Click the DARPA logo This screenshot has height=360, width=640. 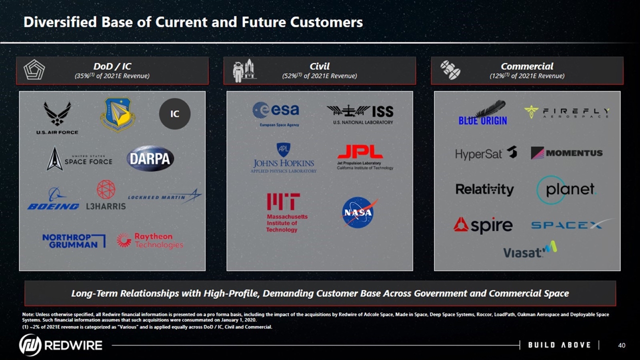click(150, 158)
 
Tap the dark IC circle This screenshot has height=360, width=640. click(174, 113)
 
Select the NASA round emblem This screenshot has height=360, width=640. click(358, 212)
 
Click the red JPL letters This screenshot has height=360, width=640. click(360, 151)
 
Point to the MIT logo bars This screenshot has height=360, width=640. click(283, 201)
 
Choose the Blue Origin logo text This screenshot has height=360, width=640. click(483, 121)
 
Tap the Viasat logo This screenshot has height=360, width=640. click(530, 249)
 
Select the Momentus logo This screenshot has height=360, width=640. click(567, 153)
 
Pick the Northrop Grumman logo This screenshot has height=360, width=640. click(74, 241)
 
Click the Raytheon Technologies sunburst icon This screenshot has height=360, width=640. click(124, 240)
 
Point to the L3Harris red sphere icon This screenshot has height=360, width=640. click(106, 189)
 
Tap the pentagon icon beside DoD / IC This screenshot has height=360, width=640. click(34, 69)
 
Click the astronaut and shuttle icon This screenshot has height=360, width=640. click(244, 70)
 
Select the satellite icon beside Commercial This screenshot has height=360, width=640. click(450, 70)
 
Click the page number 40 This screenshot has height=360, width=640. click(621, 345)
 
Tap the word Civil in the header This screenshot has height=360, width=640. click(319, 66)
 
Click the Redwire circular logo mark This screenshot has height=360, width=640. click(30, 345)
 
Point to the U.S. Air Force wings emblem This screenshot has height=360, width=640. click(57, 113)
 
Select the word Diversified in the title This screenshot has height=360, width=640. click(60, 22)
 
